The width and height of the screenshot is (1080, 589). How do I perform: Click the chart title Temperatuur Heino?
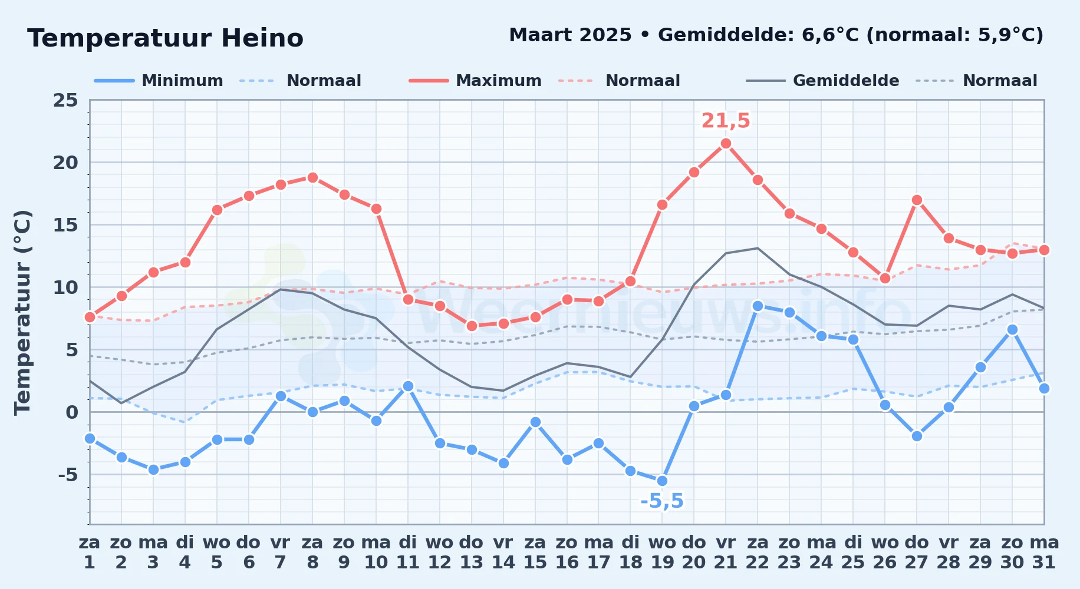(x=166, y=38)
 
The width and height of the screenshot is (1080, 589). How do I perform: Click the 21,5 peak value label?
(x=726, y=121)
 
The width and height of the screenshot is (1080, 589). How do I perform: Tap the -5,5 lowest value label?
(x=662, y=501)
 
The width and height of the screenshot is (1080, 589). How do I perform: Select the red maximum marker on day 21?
(x=726, y=143)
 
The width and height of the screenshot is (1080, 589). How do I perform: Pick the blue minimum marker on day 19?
(x=662, y=481)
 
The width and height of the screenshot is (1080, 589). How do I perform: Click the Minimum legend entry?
(x=159, y=81)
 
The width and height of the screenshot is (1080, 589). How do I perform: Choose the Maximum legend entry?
(x=475, y=81)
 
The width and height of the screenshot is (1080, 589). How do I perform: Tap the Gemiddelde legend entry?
(x=823, y=81)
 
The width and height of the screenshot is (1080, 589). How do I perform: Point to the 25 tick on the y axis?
(x=65, y=100)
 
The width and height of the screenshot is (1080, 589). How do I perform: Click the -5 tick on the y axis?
(x=68, y=475)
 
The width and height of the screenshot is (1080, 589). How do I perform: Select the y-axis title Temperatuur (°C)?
(x=23, y=312)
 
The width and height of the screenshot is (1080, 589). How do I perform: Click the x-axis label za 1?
(x=90, y=552)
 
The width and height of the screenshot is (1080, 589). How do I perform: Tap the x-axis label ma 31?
(x=1044, y=552)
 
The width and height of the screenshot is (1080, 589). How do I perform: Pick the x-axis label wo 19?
(x=662, y=552)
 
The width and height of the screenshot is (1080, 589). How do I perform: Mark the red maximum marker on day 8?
(x=312, y=177)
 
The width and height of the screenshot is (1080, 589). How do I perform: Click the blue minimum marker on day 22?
(x=758, y=306)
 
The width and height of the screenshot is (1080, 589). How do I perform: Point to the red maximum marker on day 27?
(x=917, y=200)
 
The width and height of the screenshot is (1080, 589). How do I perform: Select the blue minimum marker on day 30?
(x=1012, y=329)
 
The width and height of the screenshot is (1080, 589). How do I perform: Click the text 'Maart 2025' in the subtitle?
(x=571, y=35)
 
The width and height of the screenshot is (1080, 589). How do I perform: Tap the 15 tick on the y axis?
(x=65, y=225)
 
